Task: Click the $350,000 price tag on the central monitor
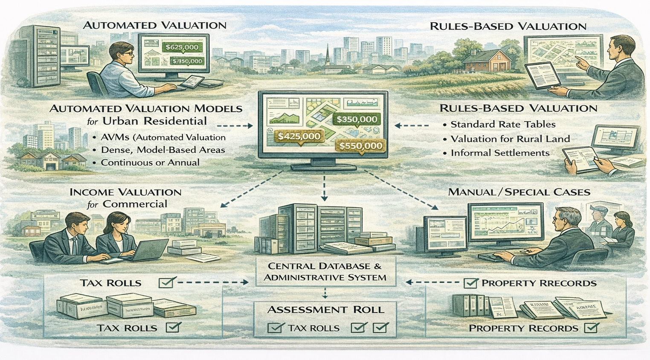[357, 119]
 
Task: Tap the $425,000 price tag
[299, 136]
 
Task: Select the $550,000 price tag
[361, 146]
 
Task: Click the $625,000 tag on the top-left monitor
[182, 47]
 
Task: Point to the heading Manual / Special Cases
[519, 192]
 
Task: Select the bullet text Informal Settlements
[500, 153]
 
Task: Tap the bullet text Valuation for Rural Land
[510, 139]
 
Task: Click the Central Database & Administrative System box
[325, 272]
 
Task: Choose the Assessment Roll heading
[325, 310]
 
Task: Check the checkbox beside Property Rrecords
[470, 283]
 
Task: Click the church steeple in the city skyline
[327, 56]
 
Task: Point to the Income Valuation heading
[125, 193]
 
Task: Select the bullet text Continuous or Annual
[150, 163]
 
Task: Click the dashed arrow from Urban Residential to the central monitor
[235, 126]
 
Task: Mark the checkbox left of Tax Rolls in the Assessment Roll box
[276, 328]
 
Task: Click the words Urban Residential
[154, 121]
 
